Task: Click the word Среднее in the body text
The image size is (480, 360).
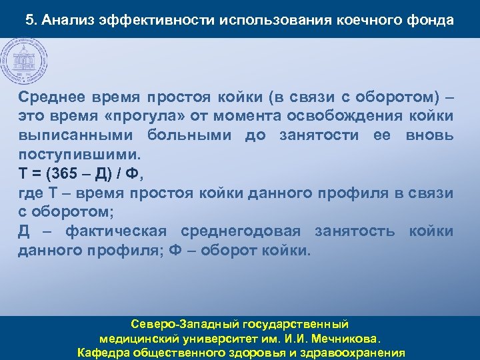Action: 51,97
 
